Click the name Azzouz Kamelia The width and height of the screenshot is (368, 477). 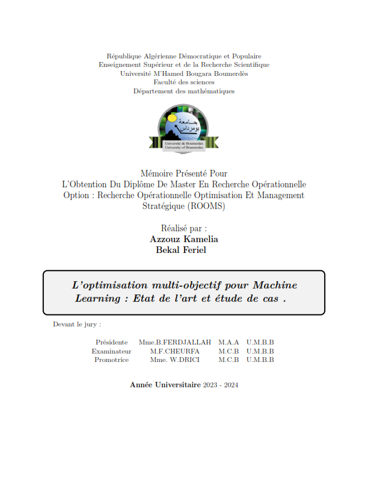click(x=184, y=239)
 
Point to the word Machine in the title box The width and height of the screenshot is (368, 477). click(x=275, y=285)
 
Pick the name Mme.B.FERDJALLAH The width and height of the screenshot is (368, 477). click(x=175, y=342)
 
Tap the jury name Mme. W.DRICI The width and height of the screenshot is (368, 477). click(x=175, y=360)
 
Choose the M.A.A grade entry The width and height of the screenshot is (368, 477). click(x=228, y=342)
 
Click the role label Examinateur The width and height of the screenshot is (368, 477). click(x=111, y=351)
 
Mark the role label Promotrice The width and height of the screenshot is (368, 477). click(x=111, y=360)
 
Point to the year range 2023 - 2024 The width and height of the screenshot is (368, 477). click(x=221, y=385)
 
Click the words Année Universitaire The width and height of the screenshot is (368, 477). click(x=165, y=385)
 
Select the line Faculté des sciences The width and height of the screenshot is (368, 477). click(x=184, y=82)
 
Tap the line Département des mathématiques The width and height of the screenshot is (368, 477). click(x=184, y=91)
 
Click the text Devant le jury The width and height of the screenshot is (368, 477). click(x=76, y=324)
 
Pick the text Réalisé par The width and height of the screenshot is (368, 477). click(x=184, y=228)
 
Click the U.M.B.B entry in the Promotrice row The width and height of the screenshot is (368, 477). click(x=260, y=360)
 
